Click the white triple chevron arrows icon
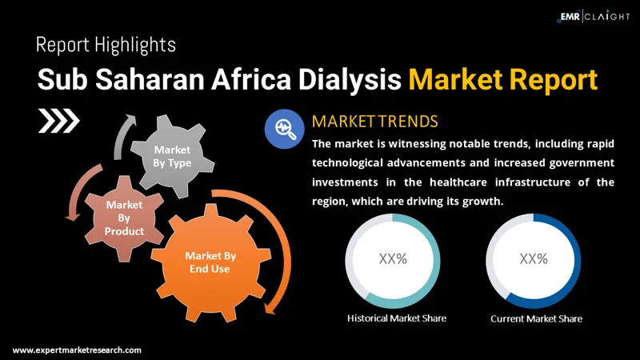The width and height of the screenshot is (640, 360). point(59,122)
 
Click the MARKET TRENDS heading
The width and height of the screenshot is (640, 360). point(374,122)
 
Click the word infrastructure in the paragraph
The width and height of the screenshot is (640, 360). point(513,182)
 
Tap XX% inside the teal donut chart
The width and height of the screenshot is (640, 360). point(393,258)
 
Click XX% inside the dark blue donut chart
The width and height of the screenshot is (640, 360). point(534,258)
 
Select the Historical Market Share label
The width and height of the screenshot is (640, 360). point(397,318)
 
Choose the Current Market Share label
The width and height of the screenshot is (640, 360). point(536,318)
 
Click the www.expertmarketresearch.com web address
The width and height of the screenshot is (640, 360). point(77,350)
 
